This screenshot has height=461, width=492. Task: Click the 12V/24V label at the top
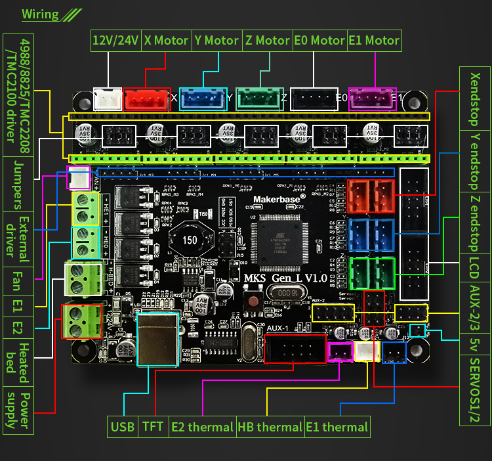click(115, 40)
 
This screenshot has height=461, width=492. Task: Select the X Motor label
click(166, 40)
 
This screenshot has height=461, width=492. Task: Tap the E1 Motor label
click(373, 40)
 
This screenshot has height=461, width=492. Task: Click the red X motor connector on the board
click(148, 99)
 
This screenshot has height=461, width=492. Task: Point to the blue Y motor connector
click(203, 99)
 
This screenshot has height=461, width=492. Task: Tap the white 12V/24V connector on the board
click(108, 99)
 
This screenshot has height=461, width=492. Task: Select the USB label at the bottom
click(123, 427)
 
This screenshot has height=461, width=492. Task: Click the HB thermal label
click(270, 427)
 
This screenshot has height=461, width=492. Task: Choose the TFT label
click(153, 427)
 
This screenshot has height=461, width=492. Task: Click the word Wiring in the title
click(40, 14)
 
